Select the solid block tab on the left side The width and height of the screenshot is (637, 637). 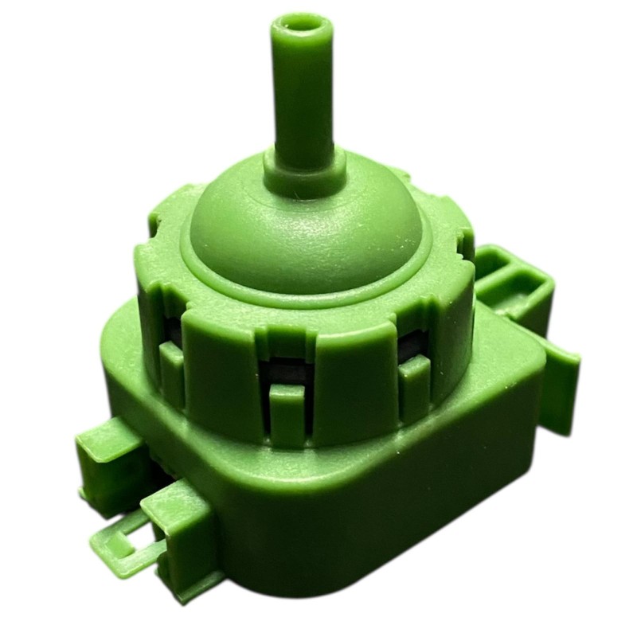107,462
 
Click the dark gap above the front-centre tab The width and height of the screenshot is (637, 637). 287,370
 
